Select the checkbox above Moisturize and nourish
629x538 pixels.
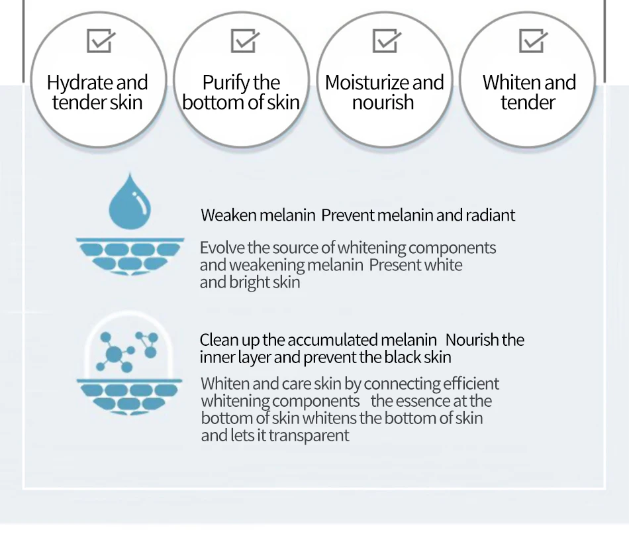coord(387,40)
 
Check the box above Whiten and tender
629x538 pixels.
coord(533,40)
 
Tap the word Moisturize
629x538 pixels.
coord(367,83)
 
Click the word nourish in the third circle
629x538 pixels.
coord(383,103)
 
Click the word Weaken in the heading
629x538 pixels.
coord(228,215)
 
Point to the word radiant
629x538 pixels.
coord(490,215)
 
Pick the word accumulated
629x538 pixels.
coord(332,340)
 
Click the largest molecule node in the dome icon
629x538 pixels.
coord(114,354)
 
